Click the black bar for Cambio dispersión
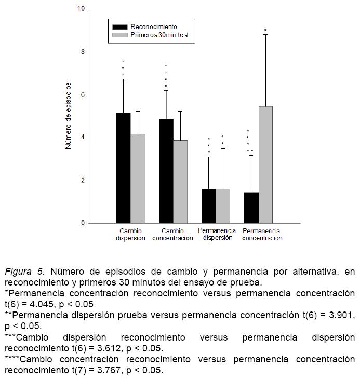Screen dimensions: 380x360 [123, 168]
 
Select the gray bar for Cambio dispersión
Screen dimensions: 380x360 [138, 179]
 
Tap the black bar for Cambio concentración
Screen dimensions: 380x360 [166, 171]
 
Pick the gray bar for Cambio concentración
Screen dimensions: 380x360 [180, 182]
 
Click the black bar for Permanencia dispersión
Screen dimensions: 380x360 [209, 206]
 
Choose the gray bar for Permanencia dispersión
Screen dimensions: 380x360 [223, 206]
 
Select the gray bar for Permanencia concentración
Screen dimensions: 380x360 [265, 165]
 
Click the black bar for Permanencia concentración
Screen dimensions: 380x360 [251, 208]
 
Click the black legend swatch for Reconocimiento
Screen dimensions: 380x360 [120, 26]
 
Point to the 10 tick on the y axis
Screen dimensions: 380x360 [81, 9]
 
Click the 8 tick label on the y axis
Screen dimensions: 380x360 [82, 52]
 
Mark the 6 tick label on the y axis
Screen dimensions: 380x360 [82, 95]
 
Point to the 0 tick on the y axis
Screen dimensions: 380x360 [82, 223]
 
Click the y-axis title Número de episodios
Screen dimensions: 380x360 [68, 116]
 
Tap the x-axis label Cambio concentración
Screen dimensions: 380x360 [172, 235]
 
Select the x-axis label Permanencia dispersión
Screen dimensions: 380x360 [217, 235]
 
